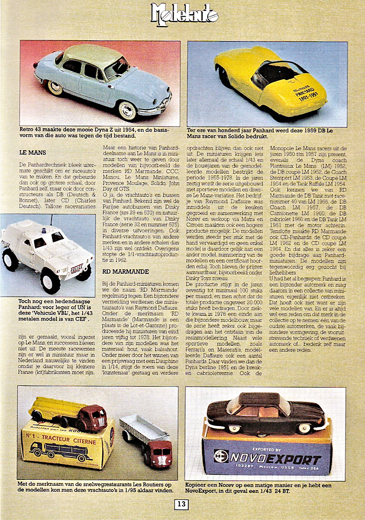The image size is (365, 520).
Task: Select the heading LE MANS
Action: coord(32,152)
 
